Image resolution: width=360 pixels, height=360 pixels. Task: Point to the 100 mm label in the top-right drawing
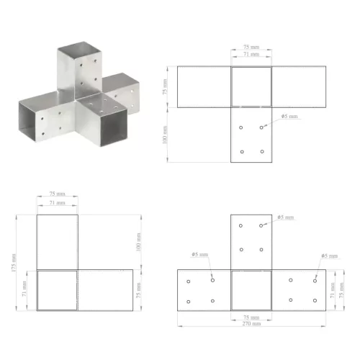pos(165,134)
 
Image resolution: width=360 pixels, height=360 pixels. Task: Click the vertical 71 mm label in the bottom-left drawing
pos(25,290)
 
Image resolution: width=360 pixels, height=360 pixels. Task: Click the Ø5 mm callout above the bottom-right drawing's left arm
pos(199,256)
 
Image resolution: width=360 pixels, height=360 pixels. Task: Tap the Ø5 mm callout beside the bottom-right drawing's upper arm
pos(286,217)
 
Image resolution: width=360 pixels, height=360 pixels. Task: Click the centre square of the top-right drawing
pos(251,86)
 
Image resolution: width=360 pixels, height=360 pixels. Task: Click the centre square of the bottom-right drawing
pos(251,290)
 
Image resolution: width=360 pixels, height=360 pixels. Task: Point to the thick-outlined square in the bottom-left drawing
pos(57,290)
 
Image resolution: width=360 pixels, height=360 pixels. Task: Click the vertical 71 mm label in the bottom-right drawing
pos(333,290)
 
